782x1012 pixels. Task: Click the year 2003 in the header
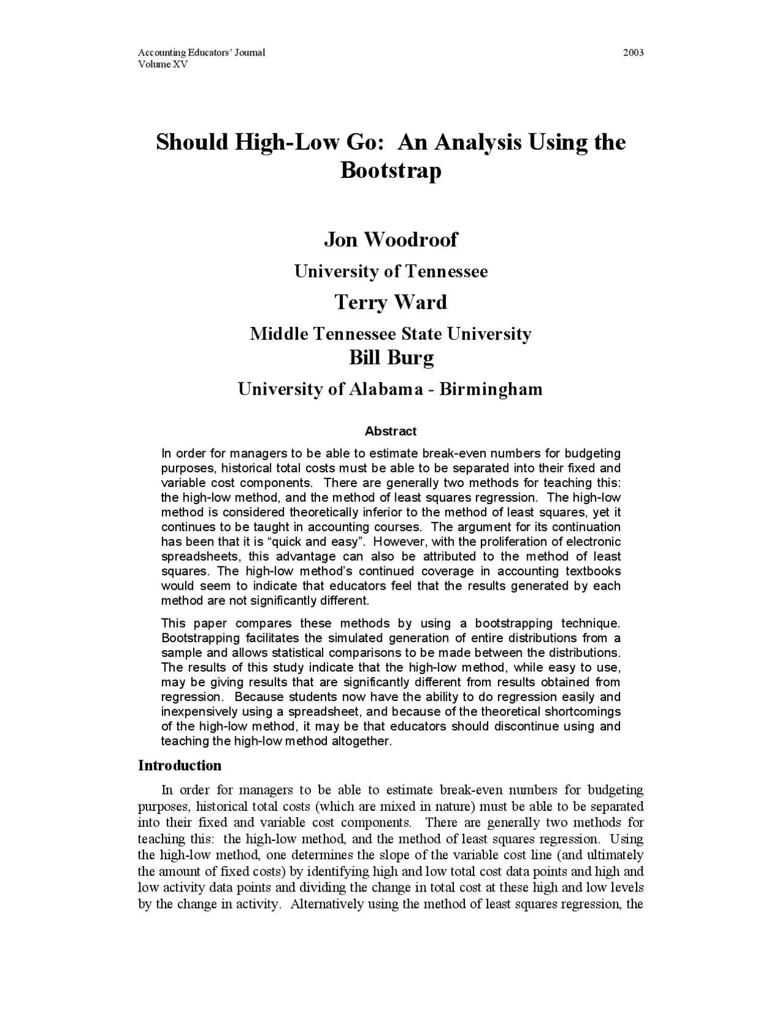633,53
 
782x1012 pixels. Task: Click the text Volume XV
163,64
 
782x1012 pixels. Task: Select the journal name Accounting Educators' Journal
201,53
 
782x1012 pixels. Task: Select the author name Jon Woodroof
390,239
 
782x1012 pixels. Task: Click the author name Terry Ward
390,302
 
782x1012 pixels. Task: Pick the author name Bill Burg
391,357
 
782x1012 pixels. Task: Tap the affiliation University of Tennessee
391,271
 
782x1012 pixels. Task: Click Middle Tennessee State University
391,334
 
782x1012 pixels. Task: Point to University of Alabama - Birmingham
390,389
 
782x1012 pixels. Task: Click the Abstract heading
390,431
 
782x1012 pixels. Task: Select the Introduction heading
180,766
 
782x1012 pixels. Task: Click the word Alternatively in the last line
327,904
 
